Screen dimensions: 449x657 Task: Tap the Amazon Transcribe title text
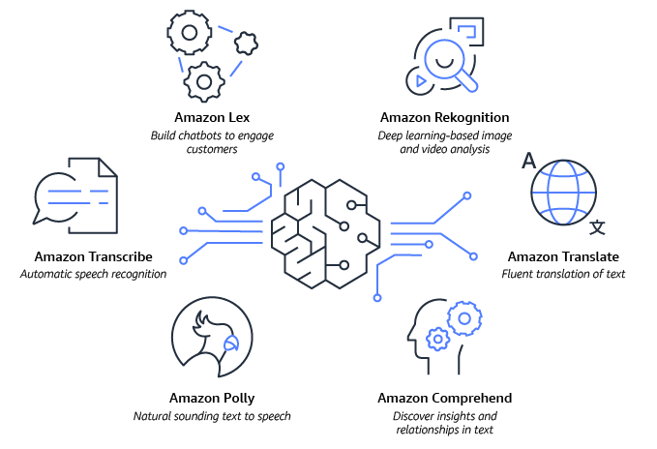[x=93, y=256]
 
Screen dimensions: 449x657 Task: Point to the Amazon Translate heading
[x=563, y=256]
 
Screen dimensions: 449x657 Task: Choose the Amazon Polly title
[x=211, y=398]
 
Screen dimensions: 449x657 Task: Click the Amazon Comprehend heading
[x=444, y=398]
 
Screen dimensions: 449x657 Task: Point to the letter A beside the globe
[x=528, y=161]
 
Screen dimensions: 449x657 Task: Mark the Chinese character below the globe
[x=598, y=227]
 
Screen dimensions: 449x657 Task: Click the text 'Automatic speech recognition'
[x=93, y=274]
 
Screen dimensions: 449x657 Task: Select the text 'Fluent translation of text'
[x=563, y=274]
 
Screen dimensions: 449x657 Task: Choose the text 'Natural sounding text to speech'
[x=211, y=416]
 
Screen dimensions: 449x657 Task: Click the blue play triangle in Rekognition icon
[x=420, y=80]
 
